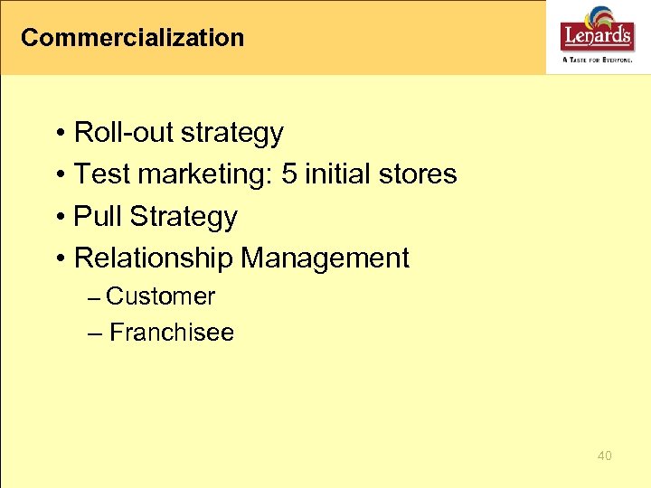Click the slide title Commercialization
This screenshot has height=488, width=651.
[x=132, y=38]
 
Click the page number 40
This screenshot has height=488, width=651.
[x=605, y=455]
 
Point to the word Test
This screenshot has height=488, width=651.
[x=98, y=174]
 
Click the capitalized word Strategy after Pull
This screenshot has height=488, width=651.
[x=184, y=217]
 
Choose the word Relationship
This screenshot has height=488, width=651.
[x=154, y=258]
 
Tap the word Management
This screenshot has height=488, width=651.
[x=325, y=258]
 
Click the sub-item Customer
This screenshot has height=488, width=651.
[x=160, y=296]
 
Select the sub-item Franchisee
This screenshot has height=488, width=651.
[x=171, y=333]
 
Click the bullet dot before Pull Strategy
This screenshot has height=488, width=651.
[x=59, y=218]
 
